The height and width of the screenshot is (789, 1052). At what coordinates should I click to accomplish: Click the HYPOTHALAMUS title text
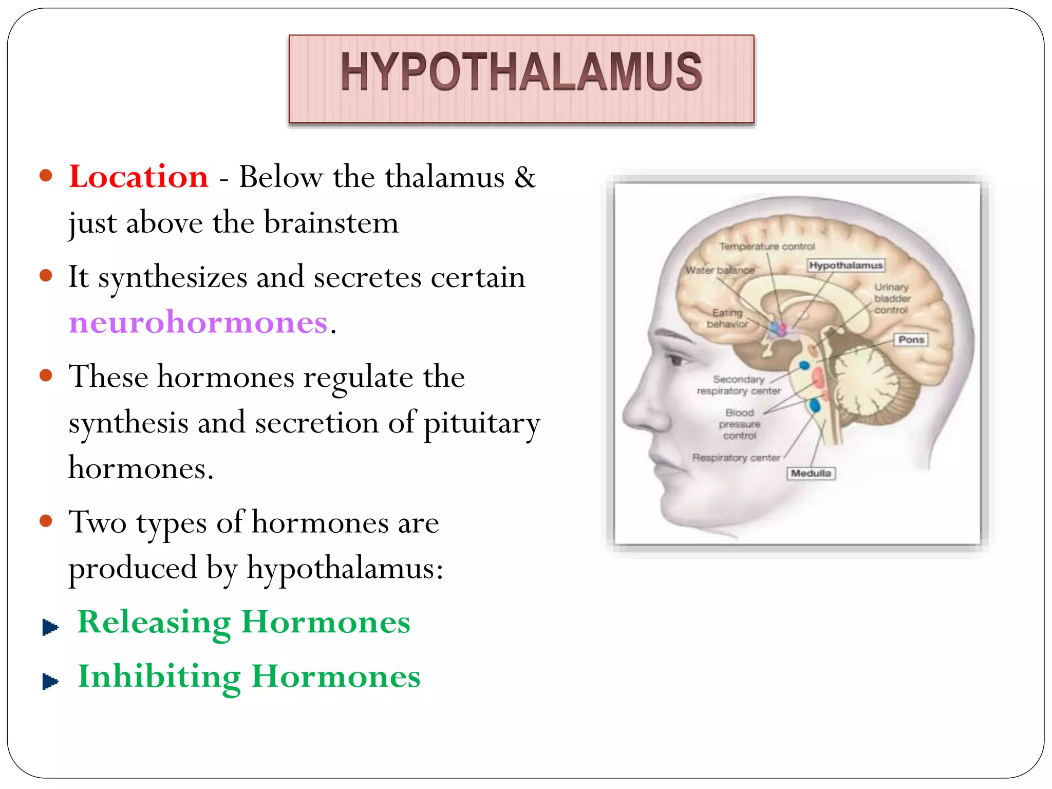[521, 72]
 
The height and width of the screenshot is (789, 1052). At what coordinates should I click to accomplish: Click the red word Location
[139, 177]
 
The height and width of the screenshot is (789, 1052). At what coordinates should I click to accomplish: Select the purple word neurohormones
[198, 322]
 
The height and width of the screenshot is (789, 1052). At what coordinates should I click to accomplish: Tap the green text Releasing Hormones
[243, 622]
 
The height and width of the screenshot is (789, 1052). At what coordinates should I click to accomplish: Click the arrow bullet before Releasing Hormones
[50, 627]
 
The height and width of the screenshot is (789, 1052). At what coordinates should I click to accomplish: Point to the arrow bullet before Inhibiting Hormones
[50, 682]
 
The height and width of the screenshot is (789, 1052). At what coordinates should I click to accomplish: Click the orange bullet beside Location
[46, 176]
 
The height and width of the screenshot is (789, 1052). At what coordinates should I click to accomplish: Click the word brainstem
[331, 223]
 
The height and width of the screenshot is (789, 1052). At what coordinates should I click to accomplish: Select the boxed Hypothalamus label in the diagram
[846, 266]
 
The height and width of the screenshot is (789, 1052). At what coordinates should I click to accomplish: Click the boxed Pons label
[911, 340]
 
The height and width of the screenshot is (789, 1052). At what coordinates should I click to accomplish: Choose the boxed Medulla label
[811, 473]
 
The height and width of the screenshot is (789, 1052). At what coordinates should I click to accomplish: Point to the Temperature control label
[766, 247]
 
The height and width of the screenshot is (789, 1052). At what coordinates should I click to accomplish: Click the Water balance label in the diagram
[720, 270]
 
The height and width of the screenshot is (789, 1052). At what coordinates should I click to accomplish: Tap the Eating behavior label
[727, 318]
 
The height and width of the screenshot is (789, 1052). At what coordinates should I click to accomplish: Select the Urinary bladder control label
[892, 298]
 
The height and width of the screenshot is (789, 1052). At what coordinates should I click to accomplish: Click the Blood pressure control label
[740, 424]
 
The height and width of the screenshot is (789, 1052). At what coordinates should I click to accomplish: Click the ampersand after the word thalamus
[524, 177]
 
